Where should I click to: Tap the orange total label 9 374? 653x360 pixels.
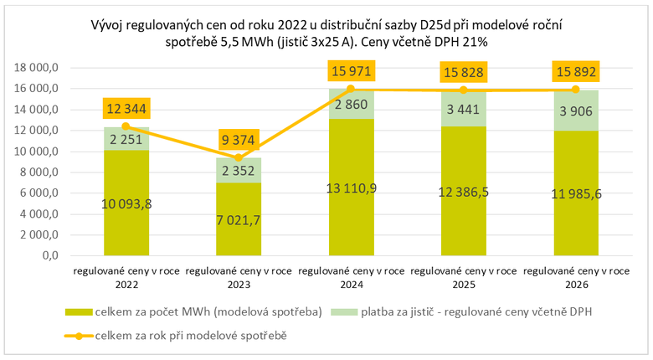point(239,139)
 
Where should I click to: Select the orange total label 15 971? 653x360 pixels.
point(352,70)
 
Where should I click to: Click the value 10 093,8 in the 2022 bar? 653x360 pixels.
point(126,203)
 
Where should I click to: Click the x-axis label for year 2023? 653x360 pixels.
point(239,277)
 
